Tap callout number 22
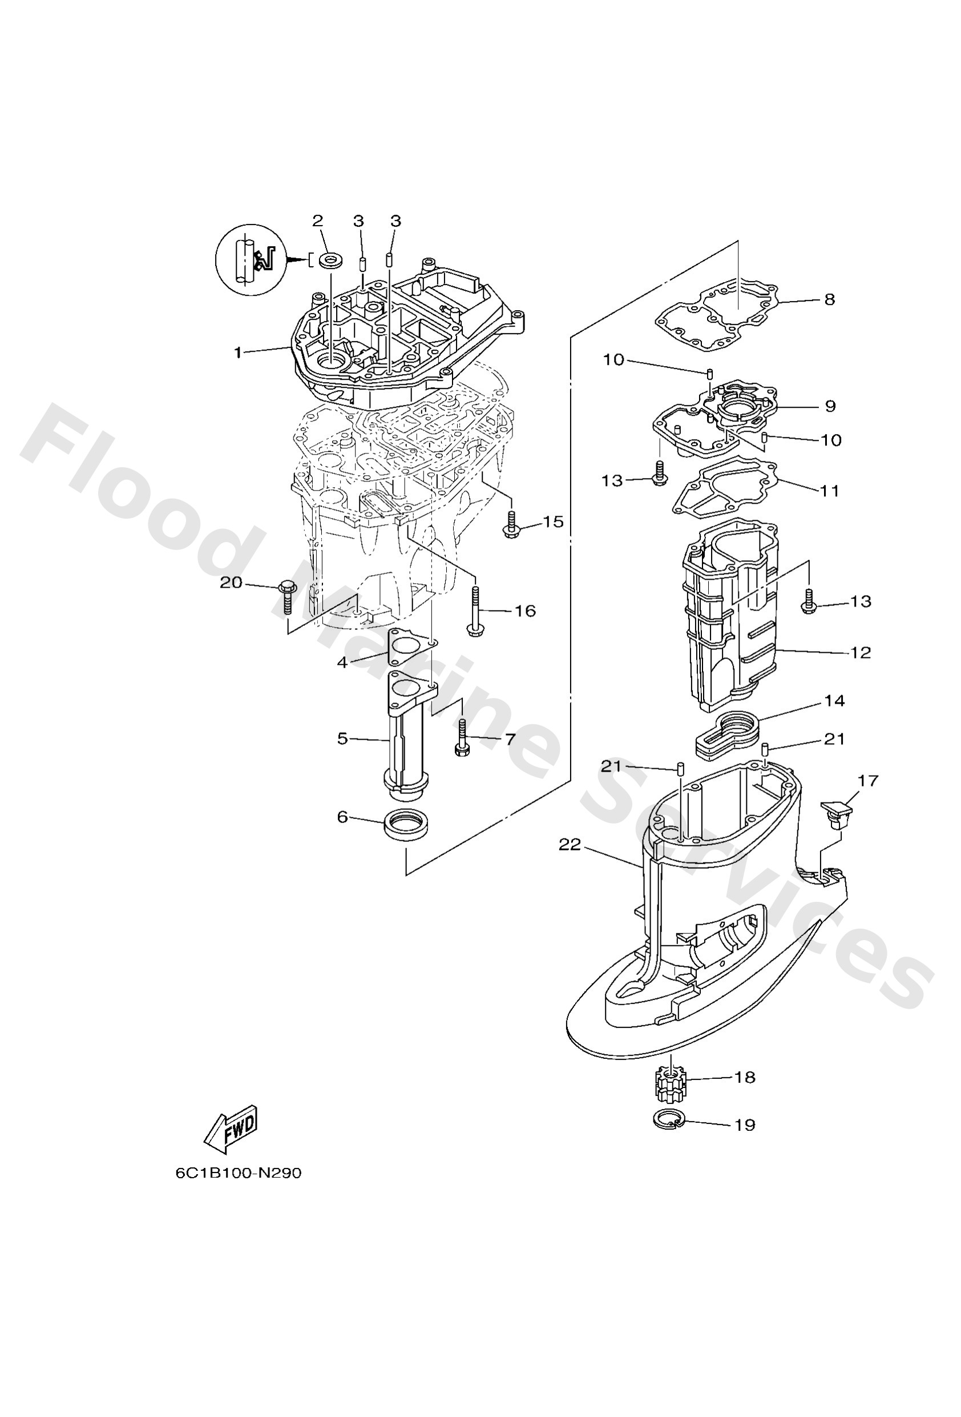coord(571,845)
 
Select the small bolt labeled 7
coord(460,739)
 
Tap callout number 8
coord(829,299)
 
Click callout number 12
coord(861,652)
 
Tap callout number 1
coord(239,352)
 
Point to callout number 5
coord(342,739)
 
